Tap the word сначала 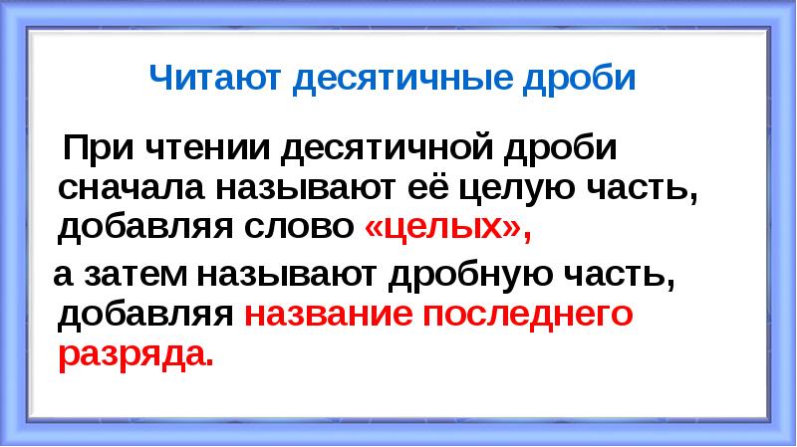121,189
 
